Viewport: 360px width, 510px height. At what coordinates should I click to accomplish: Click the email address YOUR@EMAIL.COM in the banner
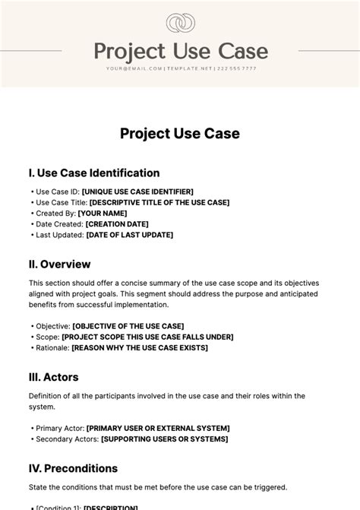pyautogui.click(x=134, y=68)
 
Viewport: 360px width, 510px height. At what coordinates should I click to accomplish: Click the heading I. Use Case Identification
pyautogui.click(x=94, y=173)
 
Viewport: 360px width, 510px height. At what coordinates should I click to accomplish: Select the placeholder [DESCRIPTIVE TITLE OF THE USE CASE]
pyautogui.click(x=159, y=203)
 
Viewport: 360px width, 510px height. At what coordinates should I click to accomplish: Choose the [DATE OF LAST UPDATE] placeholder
pyautogui.click(x=130, y=235)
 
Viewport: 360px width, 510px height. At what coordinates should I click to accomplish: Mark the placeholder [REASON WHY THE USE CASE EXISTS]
pyautogui.click(x=140, y=347)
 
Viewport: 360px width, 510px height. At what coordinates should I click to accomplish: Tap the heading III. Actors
pyautogui.click(x=53, y=377)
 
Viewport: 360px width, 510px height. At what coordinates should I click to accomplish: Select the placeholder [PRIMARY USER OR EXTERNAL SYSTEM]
pyautogui.click(x=158, y=428)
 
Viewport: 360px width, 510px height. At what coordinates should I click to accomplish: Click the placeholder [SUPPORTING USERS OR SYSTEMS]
pyautogui.click(x=160, y=439)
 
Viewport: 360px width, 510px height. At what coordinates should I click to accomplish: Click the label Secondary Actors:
pyautogui.click(x=66, y=439)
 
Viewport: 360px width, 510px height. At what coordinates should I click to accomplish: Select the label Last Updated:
pyautogui.click(x=59, y=235)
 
